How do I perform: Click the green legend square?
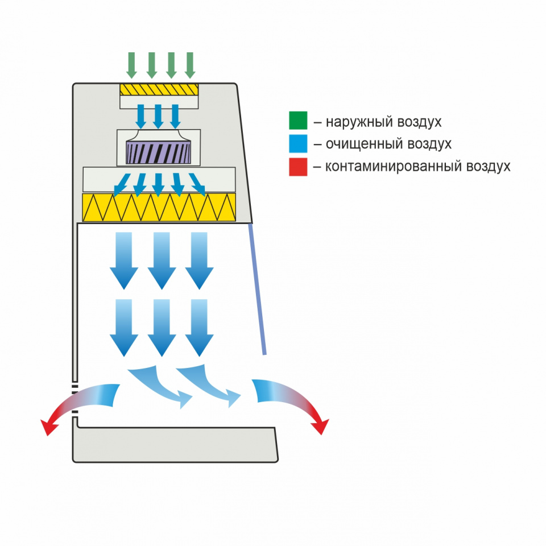point(298,121)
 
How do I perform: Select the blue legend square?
point(298,143)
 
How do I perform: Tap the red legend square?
point(298,167)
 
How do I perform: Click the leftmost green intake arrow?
point(131,65)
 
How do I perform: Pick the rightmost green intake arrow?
point(190,65)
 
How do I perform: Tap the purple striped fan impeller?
point(158,152)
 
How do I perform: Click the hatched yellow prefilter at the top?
point(159,89)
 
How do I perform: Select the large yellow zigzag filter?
point(159,207)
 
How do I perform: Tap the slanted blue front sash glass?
point(257,289)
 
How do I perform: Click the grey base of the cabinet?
point(175,445)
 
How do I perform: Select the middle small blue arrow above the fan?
point(158,116)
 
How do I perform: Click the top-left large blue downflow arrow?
point(124,260)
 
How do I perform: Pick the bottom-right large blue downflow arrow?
point(199,328)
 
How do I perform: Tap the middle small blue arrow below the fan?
point(158,184)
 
